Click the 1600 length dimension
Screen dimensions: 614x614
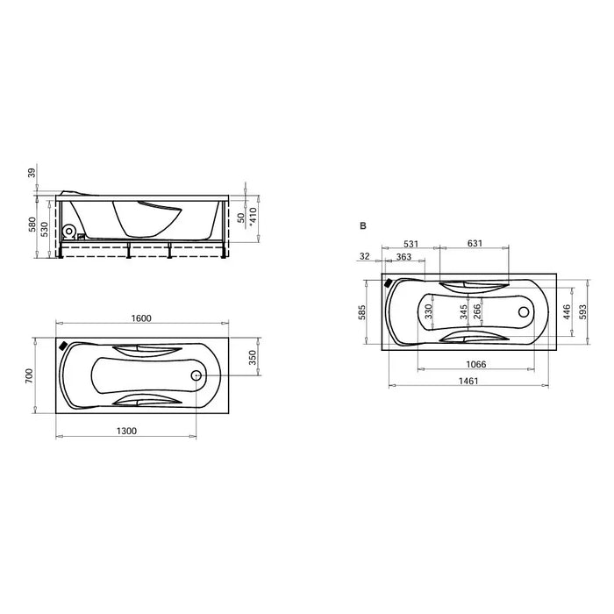141,318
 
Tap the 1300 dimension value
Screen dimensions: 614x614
126,432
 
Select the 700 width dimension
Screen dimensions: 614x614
30,375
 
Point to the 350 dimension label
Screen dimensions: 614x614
253,358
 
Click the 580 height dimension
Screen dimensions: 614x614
32,225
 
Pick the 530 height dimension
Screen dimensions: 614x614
44,230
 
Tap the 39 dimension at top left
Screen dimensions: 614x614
32,173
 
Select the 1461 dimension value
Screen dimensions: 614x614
468,381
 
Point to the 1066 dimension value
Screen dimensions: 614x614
475,364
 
